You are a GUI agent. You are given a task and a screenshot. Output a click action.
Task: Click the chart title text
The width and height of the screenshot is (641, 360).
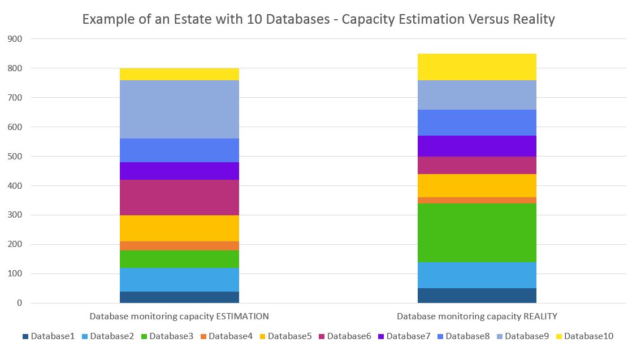click(319, 19)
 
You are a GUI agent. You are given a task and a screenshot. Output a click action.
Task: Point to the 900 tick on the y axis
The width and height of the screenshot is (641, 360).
click(15, 39)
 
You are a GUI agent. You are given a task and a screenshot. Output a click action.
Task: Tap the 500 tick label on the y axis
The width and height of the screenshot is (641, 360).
click(15, 157)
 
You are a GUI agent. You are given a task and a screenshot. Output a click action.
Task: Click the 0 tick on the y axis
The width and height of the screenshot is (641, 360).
click(19, 303)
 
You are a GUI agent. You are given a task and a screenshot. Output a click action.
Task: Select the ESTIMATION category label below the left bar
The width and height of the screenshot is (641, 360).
click(179, 316)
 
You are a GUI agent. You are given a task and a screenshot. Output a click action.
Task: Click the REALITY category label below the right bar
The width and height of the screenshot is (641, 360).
click(477, 316)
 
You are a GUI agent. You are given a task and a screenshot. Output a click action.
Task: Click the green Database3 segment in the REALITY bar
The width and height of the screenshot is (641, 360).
click(477, 232)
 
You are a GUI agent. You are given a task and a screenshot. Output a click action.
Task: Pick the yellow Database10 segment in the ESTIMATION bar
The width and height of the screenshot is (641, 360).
click(179, 74)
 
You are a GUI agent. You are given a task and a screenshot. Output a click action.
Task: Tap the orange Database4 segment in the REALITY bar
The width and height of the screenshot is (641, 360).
click(477, 200)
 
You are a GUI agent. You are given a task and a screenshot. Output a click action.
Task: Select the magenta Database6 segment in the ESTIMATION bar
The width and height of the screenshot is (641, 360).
click(179, 197)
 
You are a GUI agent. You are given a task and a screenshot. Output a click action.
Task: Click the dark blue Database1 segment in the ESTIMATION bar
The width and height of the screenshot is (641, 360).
click(179, 297)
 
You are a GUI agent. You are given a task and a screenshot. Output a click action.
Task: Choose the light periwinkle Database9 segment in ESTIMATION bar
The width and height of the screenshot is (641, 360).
click(179, 109)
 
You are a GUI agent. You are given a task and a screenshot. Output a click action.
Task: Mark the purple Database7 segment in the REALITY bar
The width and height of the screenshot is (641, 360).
click(477, 146)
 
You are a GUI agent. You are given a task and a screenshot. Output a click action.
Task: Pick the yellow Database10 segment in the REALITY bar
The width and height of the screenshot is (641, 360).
click(477, 67)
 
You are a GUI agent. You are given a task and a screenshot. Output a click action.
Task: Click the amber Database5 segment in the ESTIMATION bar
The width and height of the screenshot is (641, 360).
click(179, 228)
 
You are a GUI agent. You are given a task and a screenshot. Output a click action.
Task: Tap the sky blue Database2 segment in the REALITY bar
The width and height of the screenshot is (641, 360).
click(477, 275)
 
